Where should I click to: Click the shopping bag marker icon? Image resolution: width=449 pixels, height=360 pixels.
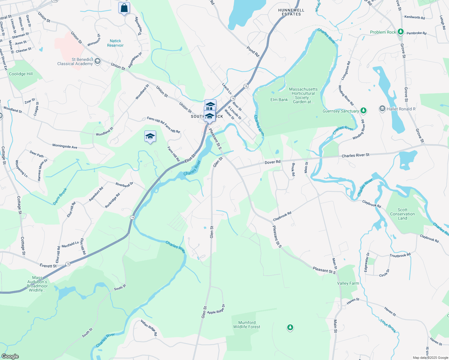pos(124,8)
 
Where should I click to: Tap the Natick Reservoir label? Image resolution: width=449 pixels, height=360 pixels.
pos(115,43)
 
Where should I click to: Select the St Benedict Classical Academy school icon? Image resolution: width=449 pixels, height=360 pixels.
pos(97,61)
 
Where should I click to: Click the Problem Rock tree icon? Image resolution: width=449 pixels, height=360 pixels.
pos(400,32)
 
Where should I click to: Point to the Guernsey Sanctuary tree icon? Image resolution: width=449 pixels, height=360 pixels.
pos(363,111)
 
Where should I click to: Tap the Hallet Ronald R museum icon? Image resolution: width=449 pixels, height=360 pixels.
pos(382,109)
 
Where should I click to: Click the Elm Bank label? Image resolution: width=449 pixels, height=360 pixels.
pos(279,100)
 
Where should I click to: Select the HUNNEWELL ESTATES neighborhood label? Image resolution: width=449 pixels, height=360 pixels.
pos(291,12)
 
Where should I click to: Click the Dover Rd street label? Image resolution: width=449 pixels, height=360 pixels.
pos(273,162)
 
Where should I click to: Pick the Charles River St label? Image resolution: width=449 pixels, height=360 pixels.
pos(355,155)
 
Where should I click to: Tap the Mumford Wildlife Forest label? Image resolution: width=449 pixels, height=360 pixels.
pos(247,325)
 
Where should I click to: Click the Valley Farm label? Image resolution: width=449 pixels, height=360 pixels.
pos(348,283)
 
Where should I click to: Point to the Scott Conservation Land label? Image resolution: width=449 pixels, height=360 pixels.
pos(402,214)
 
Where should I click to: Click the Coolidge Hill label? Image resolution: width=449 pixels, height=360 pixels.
pos(21,74)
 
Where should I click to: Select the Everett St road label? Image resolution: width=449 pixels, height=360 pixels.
pos(48,266)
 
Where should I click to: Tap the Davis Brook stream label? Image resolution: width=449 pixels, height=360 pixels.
pos(60,196)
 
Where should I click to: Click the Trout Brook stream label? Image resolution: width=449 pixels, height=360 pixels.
pos(388,326)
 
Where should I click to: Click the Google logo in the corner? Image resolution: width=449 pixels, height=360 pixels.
pos(10,356)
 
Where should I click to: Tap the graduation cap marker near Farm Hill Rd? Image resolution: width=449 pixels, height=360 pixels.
pos(150,137)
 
